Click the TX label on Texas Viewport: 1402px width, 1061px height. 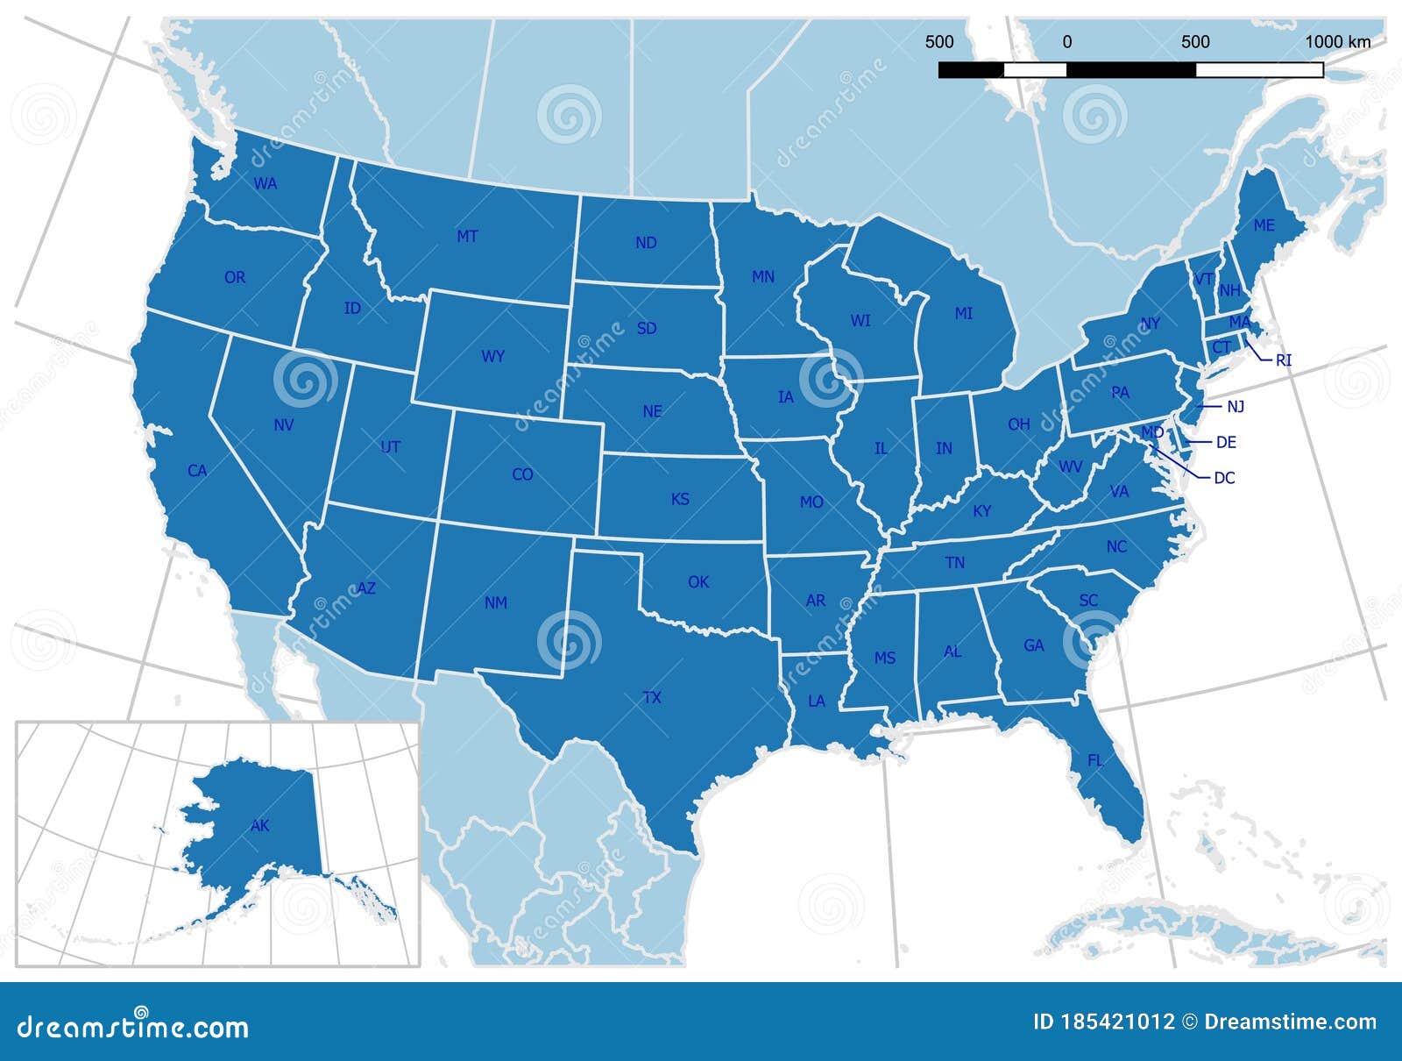(652, 698)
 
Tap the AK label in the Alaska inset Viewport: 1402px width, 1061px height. (260, 825)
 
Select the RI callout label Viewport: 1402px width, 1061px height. (1284, 360)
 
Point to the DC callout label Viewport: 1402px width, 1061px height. (1224, 479)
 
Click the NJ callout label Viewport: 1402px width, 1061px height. (1236, 407)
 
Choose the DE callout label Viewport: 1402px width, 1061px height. (1227, 443)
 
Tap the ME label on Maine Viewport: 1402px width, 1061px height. (1264, 225)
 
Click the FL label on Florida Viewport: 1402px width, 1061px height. (1095, 760)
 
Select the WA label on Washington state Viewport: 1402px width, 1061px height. (266, 184)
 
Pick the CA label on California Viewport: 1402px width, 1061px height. (197, 471)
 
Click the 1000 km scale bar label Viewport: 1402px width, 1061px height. (1338, 41)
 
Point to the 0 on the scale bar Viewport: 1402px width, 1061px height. (1067, 41)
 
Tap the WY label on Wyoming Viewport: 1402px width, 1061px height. (493, 357)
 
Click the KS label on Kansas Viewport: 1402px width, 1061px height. (680, 500)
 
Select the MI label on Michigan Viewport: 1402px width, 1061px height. (964, 313)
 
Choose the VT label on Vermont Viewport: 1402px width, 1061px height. (1203, 279)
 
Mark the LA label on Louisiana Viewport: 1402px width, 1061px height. (817, 701)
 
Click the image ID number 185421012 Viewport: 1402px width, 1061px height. (1117, 1022)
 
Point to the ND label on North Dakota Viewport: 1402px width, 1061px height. (646, 243)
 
